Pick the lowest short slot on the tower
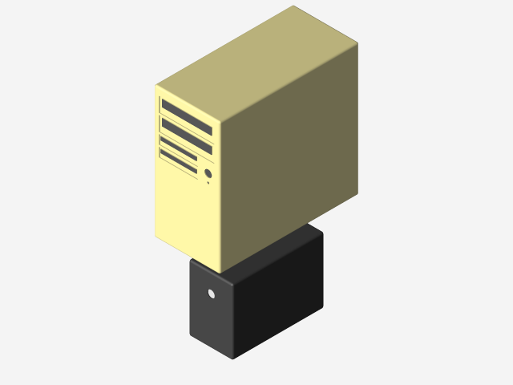179,162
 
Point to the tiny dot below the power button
208,183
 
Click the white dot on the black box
212,294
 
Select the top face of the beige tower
256,64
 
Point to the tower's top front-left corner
156,86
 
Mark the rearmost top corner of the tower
293,6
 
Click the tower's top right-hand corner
357,43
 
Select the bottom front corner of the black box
232,358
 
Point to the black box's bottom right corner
323,306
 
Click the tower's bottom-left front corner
156,236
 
